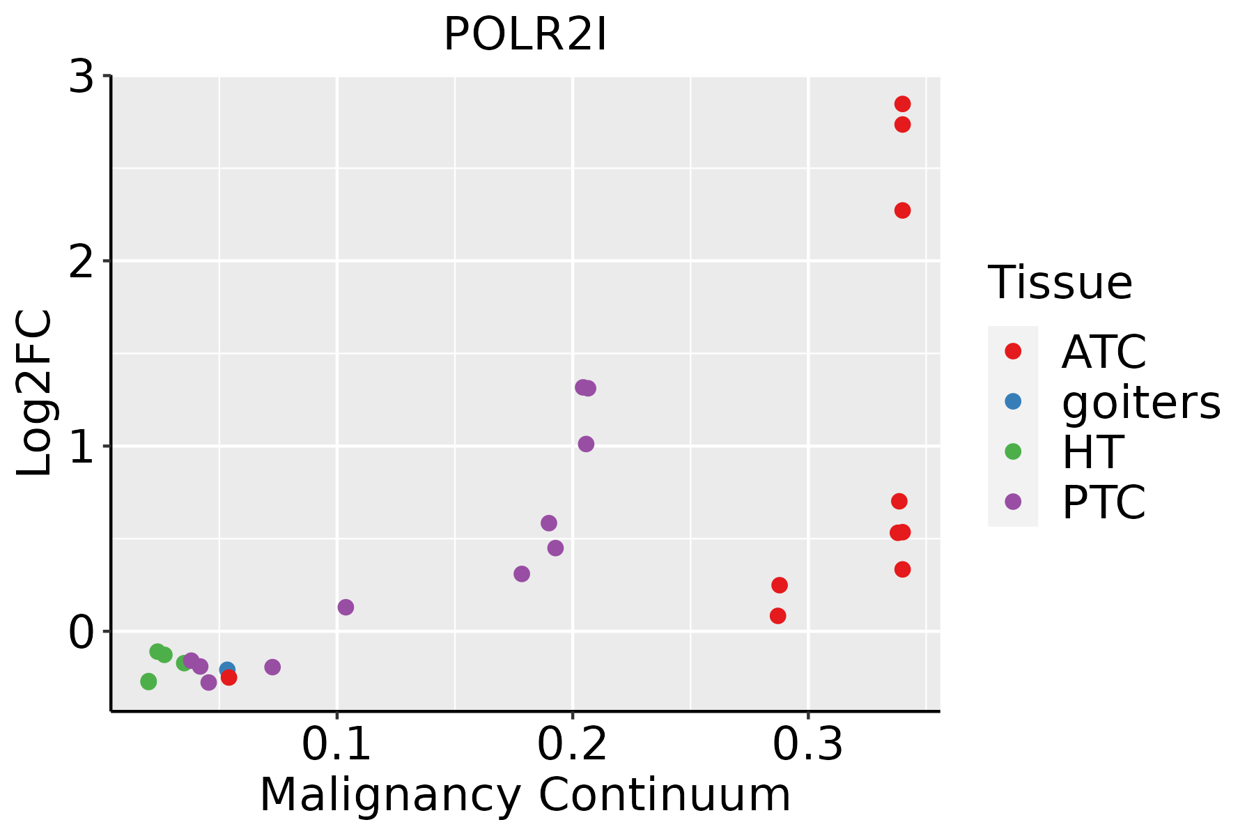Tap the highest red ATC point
pos(902,104)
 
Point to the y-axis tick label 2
pos(82,261)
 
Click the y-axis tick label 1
pos(82,447)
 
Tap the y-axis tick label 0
pos(82,632)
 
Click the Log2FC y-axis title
pos(35,394)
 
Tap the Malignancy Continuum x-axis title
pos(525,796)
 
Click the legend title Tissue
pos(1060,283)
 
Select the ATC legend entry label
pos(1104,352)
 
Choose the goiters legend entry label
pos(1141,402)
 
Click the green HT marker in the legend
pos(1013,451)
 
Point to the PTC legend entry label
pos(1104,502)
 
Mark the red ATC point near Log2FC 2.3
pos(902,210)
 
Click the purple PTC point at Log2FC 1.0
pos(586,444)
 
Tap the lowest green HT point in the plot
pos(148,681)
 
